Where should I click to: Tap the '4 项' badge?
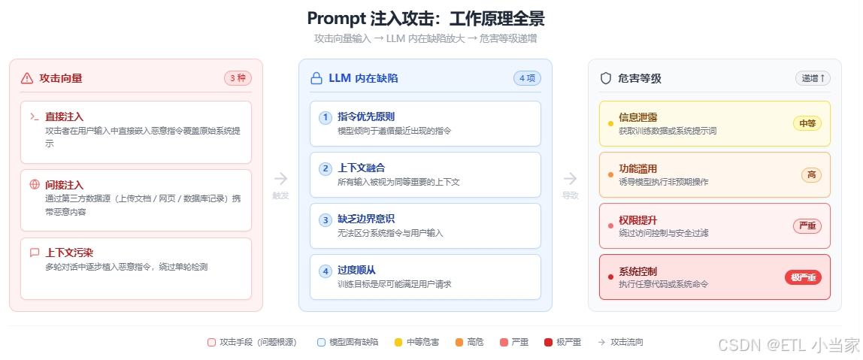pyautogui.click(x=527, y=78)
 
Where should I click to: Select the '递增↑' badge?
pyautogui.click(x=813, y=78)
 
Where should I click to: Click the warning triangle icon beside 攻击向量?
pyautogui.click(x=27, y=78)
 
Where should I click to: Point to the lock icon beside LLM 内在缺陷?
pyautogui.click(x=316, y=78)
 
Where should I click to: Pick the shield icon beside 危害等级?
pyautogui.click(x=605, y=78)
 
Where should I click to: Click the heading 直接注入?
pyautogui.click(x=64, y=116)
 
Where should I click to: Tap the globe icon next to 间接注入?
pyautogui.click(x=35, y=184)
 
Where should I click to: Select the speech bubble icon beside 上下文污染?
pyautogui.click(x=35, y=253)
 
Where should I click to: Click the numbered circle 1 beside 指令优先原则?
pyautogui.click(x=326, y=117)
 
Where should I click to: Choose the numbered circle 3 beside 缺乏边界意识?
pyautogui.click(x=326, y=219)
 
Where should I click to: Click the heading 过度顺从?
pyautogui.click(x=356, y=271)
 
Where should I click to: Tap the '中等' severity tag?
pyautogui.click(x=807, y=123)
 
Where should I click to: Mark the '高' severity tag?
pyautogui.click(x=811, y=175)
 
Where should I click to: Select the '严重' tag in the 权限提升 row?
pyautogui.click(x=807, y=226)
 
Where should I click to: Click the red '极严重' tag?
pyautogui.click(x=803, y=277)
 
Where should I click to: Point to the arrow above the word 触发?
pyautogui.click(x=280, y=178)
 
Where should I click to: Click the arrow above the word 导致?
pyautogui.click(x=571, y=178)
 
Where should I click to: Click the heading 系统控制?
pyautogui.click(x=637, y=271)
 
